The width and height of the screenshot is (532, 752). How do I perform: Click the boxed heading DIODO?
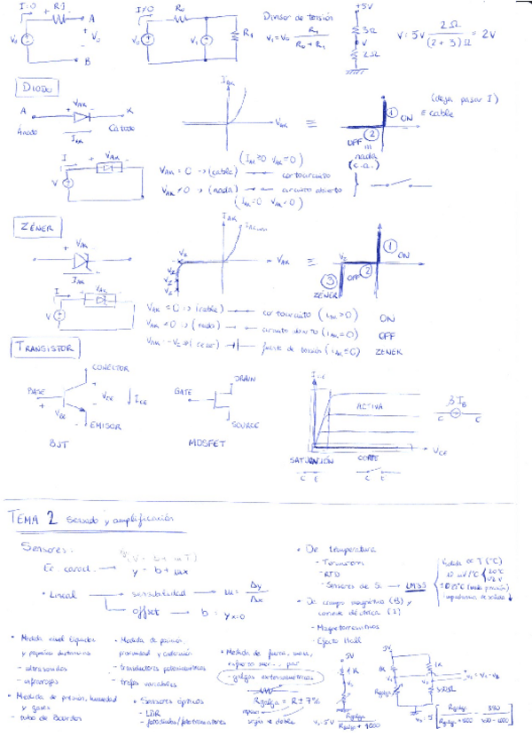pyautogui.click(x=36, y=88)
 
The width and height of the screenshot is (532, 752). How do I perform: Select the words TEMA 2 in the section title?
pyautogui.click(x=31, y=517)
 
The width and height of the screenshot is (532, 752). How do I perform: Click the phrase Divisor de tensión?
pyautogui.click(x=295, y=17)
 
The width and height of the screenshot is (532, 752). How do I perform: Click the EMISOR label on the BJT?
pyautogui.click(x=106, y=427)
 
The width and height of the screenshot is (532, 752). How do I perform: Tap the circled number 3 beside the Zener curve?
pyautogui.click(x=325, y=283)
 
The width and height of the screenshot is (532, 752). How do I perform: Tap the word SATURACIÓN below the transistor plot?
pyautogui.click(x=310, y=461)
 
